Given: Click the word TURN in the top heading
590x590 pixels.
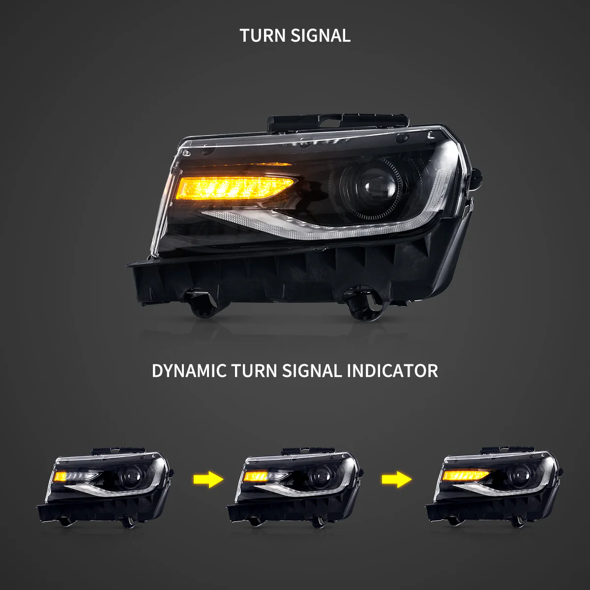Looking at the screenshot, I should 263,35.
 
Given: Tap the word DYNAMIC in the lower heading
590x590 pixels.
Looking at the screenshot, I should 189,370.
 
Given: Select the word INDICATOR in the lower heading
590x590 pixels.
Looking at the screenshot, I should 392,370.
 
